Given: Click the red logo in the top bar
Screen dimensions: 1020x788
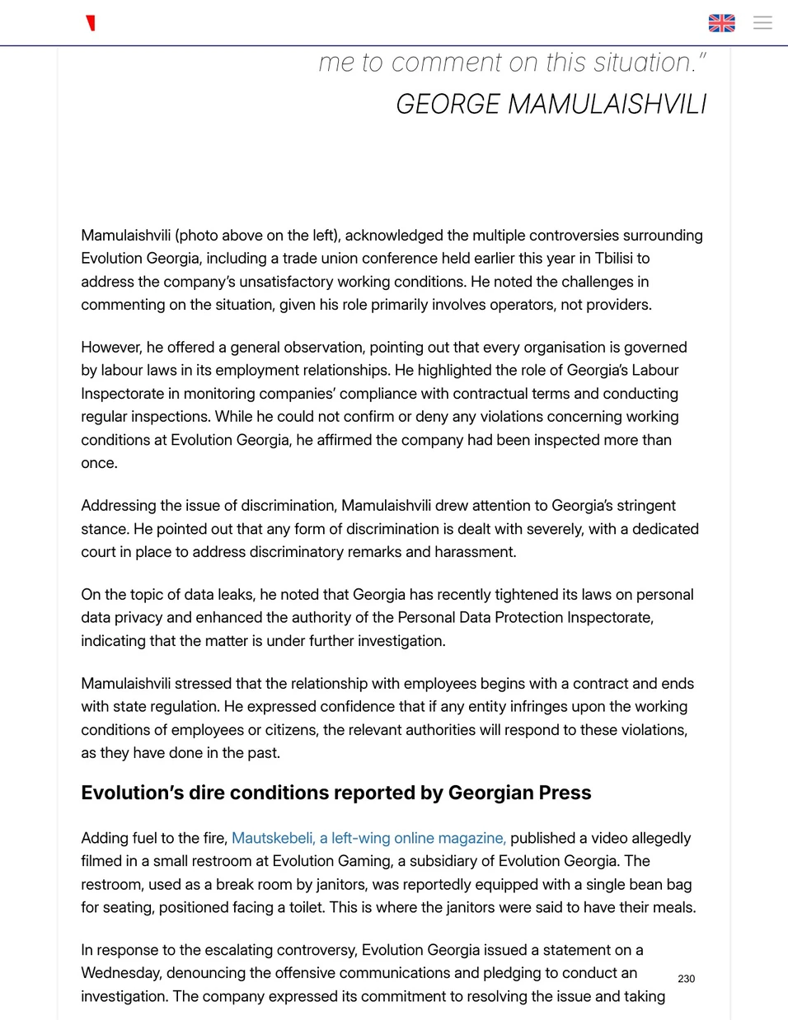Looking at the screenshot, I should click(x=91, y=23).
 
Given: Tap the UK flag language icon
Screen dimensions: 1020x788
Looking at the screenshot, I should click(x=721, y=23).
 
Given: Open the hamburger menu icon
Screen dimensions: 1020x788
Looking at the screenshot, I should click(x=762, y=23).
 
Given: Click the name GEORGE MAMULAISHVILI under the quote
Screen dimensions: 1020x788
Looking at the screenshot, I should click(x=551, y=105).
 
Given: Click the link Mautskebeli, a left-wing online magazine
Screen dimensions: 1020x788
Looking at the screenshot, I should click(x=368, y=838).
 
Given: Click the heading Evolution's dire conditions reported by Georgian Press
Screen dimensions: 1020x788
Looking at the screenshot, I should click(x=335, y=793).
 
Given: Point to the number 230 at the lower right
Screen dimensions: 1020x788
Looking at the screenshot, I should click(x=686, y=979).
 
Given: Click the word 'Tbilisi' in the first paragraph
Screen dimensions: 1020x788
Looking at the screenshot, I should click(x=614, y=259).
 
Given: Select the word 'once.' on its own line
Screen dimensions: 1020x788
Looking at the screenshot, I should click(x=99, y=463).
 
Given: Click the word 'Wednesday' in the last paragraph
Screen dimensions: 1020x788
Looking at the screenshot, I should click(x=120, y=973).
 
